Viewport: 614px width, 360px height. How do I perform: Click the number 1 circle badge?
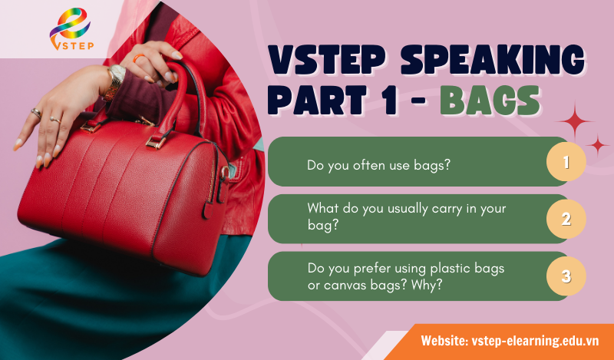tap(566, 162)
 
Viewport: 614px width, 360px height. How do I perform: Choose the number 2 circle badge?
tap(566, 219)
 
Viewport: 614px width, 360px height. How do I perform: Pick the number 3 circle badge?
tap(566, 276)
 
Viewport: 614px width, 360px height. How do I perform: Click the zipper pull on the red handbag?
tap(204, 208)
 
